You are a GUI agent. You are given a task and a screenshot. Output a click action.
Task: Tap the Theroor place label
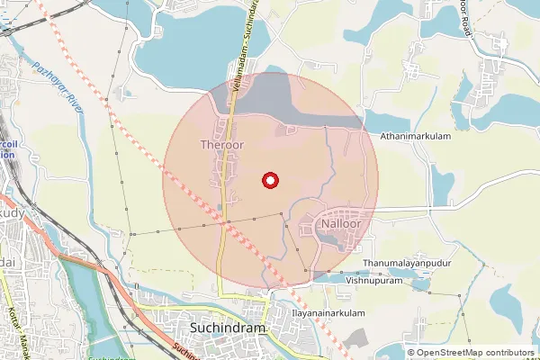[x=221, y=144]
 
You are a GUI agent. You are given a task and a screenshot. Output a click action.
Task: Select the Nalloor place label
[x=342, y=222]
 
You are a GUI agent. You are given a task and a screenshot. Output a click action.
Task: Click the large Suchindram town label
[x=229, y=328]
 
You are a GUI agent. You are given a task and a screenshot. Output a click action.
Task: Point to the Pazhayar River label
[x=56, y=85]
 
